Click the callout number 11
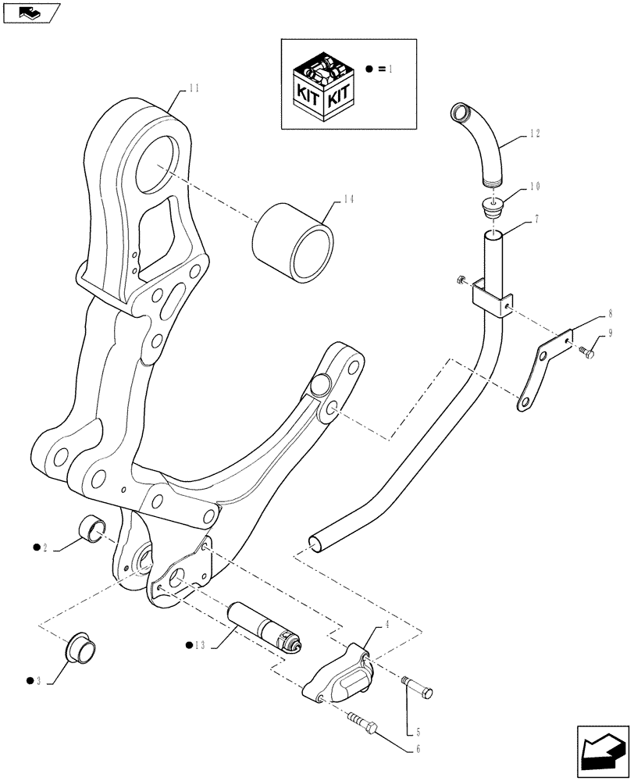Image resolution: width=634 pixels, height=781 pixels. coord(194,89)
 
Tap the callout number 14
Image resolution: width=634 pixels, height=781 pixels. coord(347,200)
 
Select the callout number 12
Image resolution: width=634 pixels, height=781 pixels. coord(534,134)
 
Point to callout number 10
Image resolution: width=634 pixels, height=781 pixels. coord(534,187)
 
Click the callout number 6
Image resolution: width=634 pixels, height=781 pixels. coord(418,750)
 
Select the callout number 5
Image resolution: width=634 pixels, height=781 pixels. coord(418,732)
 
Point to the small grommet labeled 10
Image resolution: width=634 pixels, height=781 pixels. coord(490,209)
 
